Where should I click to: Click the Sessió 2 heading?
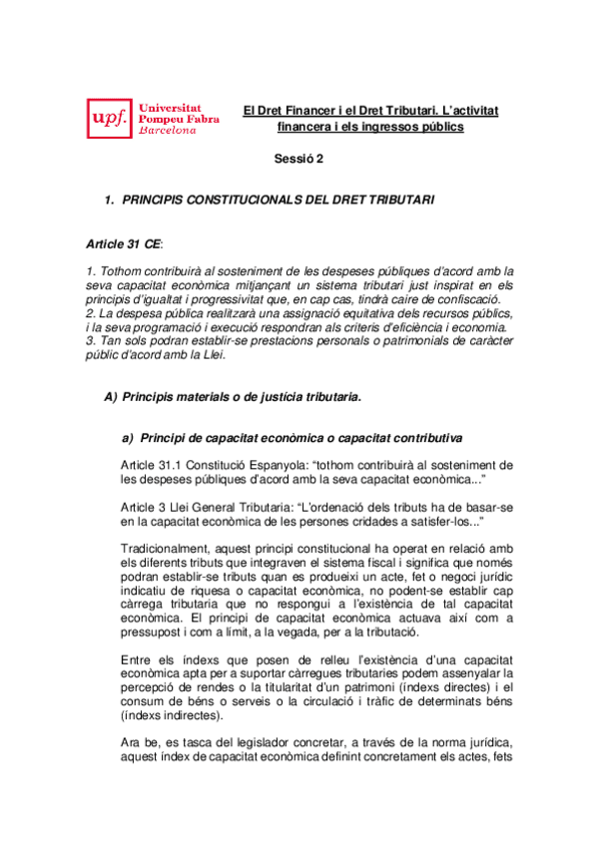(299, 159)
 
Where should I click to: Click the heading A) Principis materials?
(232, 396)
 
